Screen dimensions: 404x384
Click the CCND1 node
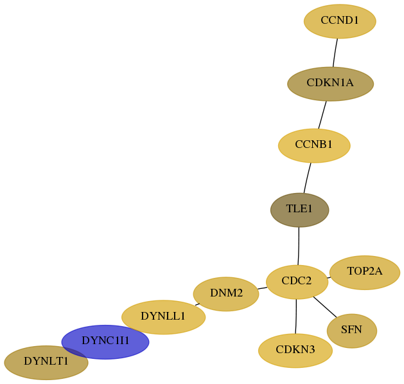340,21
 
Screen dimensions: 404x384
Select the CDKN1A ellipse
330,84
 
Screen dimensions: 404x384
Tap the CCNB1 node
314,145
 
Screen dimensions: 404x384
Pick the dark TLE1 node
300,210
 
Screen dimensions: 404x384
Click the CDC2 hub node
297,282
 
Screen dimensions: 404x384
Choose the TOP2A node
365,273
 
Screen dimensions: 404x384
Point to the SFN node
352,331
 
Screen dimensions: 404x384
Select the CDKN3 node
295,351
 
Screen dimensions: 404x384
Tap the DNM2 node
226,294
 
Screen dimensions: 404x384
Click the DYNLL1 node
163,317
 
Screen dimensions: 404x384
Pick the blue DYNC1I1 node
105,342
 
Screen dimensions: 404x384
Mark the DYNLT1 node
46,363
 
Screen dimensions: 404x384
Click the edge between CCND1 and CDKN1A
335,53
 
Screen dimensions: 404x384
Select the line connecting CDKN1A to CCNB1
322,115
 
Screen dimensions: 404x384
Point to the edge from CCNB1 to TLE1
307,178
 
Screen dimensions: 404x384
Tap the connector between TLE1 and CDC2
299,246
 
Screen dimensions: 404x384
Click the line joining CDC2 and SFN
325,307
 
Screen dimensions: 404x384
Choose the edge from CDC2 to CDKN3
296,316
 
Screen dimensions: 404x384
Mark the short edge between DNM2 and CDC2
262,288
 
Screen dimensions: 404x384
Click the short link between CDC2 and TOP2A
329,278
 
